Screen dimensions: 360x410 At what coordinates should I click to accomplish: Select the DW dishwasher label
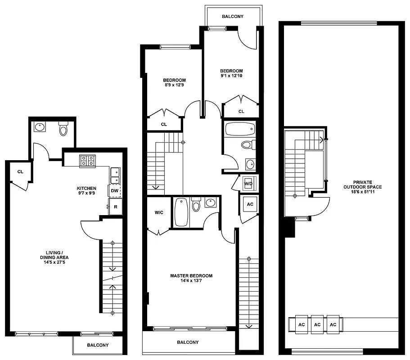coord(114,191)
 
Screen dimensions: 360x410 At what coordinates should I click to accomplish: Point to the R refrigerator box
coord(115,207)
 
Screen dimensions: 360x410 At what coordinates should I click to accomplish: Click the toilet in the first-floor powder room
coord(63,129)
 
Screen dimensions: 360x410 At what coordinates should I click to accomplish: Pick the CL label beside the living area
coord(20,171)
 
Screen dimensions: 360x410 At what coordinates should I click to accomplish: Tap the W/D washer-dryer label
coord(248,184)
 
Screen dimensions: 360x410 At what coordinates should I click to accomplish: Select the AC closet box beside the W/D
coord(250,204)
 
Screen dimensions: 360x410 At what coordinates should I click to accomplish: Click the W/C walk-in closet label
coord(159,213)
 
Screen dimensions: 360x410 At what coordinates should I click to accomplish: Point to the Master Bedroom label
coord(191,276)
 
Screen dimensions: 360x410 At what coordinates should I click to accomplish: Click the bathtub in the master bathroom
coord(181,212)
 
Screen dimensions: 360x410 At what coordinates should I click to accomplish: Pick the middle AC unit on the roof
coord(317,324)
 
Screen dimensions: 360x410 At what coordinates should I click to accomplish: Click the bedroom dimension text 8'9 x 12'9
coord(174,85)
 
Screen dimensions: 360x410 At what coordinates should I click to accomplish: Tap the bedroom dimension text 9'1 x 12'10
coord(231,76)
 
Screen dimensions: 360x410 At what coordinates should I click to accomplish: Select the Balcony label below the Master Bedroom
coord(188,342)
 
